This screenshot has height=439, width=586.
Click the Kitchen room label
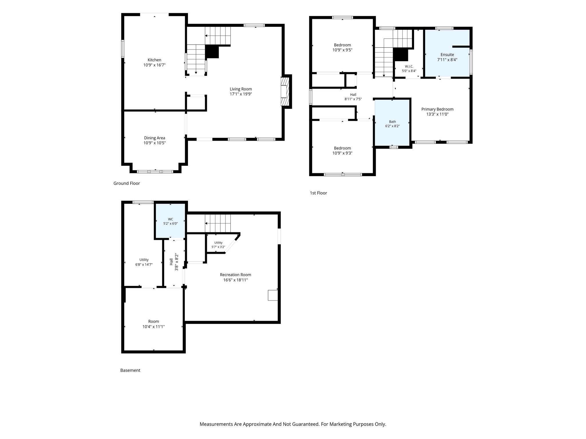tap(154, 60)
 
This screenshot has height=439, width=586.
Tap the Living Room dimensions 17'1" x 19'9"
tap(241, 94)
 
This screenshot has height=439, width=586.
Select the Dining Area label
tap(155, 138)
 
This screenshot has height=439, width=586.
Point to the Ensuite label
tap(447, 55)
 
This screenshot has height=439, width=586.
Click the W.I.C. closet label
tap(409, 67)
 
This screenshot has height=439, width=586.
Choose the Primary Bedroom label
tap(437, 109)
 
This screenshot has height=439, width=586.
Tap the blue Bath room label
tap(392, 122)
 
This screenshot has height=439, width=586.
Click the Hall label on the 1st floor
tap(353, 95)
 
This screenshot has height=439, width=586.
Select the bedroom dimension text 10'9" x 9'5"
tap(342, 50)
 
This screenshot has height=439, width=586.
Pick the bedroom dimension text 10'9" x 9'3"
tap(342, 153)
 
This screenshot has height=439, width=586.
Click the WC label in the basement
tap(171, 219)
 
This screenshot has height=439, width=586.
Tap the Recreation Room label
tap(235, 275)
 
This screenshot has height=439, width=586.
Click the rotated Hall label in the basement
tap(171, 262)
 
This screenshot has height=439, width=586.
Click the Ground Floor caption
tap(126, 183)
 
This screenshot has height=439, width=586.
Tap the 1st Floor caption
tap(318, 193)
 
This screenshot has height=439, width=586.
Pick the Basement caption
tap(130, 370)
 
